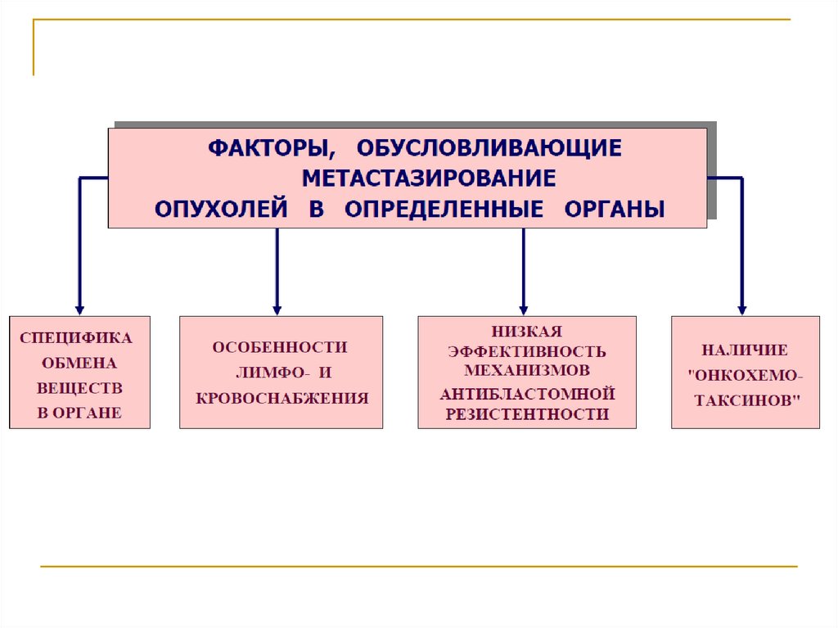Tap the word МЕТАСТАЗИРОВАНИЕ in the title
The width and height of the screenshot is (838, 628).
[x=429, y=178]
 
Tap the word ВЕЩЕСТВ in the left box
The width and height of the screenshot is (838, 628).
[x=79, y=388]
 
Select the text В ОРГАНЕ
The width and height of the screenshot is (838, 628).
[x=79, y=413]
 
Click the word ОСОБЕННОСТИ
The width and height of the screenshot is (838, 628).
[x=280, y=347]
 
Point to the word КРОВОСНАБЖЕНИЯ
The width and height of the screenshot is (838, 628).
[x=282, y=399]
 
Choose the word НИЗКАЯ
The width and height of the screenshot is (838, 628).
[x=526, y=332]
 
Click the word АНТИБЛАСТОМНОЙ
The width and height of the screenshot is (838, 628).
[x=527, y=394]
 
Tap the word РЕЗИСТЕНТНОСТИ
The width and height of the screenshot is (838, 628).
[x=527, y=414]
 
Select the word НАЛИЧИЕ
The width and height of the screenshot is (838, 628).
[x=745, y=350]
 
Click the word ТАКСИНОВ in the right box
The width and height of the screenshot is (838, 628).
[x=746, y=401]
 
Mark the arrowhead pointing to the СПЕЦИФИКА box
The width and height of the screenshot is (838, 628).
[x=79, y=309]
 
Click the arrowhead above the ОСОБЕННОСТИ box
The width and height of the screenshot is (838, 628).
[x=277, y=309]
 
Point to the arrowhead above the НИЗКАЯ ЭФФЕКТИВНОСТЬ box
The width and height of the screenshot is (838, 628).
[x=524, y=309]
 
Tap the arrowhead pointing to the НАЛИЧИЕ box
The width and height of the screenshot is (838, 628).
[x=741, y=309]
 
